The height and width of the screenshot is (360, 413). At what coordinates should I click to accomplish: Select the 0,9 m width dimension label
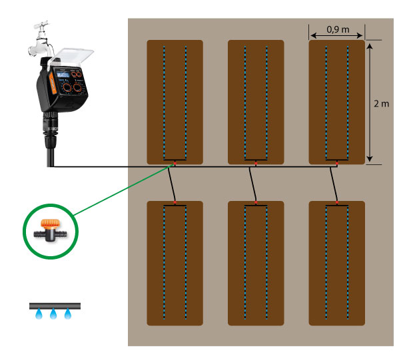point(337,29)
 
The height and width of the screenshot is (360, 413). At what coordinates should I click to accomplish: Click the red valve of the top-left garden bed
point(174,162)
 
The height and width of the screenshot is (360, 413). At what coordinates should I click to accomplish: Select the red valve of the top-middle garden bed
point(256,162)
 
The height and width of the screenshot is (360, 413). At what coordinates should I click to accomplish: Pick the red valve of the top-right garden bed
point(337,162)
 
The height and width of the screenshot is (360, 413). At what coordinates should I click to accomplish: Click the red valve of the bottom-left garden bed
point(175,202)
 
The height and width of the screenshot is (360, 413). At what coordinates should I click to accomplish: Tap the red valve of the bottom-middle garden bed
point(256,202)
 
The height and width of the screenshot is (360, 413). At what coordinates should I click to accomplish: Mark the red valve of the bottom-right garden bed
point(337,202)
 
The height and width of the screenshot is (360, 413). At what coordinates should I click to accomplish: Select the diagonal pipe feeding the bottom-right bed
point(334,183)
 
